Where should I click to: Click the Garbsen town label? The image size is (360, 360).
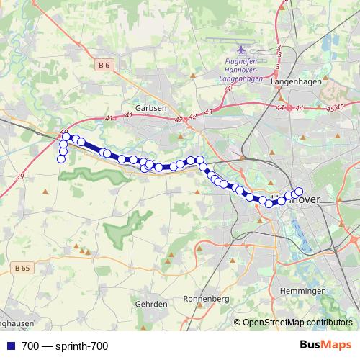[151, 107]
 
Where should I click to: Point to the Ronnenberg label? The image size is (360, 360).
[206, 298]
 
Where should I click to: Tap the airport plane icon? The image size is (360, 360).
[241, 49]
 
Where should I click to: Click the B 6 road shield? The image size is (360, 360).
[104, 65]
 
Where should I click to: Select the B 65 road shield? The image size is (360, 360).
[23, 267]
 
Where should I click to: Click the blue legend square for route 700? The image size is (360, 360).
[11, 346]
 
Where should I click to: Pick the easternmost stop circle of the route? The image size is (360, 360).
[299, 192]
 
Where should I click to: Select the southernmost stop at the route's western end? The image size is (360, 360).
[60, 158]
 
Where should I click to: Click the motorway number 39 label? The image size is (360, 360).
[19, 176]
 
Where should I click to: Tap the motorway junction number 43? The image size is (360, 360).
[208, 112]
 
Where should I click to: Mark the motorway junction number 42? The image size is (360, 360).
[192, 116]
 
